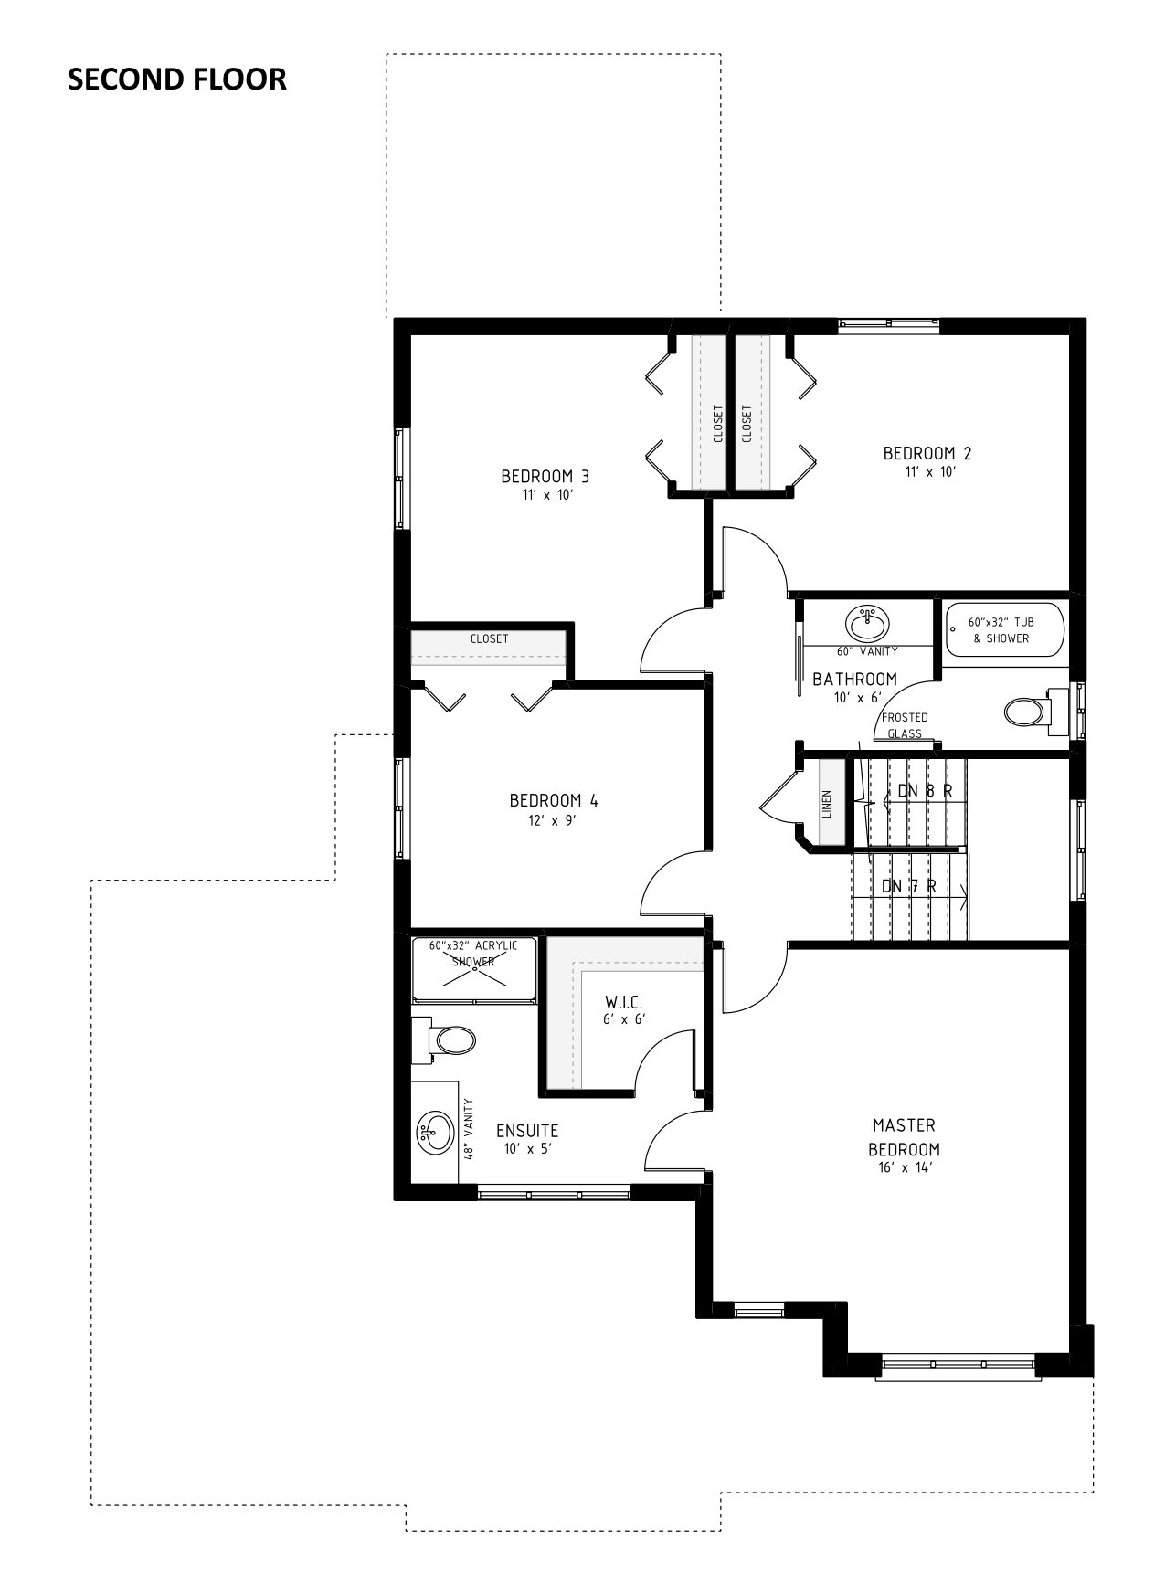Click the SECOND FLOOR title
177,79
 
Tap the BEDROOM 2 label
927,453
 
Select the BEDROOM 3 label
545,476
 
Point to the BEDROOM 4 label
554,800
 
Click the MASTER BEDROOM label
904,1137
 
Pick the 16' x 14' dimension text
904,1167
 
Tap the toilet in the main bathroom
1035,711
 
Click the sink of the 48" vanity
436,1133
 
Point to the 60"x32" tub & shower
1004,629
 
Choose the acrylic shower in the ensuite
473,969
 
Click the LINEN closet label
827,804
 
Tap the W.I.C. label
624,1002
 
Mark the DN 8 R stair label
925,791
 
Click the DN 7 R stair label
908,886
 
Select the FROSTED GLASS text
905,725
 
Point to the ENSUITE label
527,1131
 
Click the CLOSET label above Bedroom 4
489,638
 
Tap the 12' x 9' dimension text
554,820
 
